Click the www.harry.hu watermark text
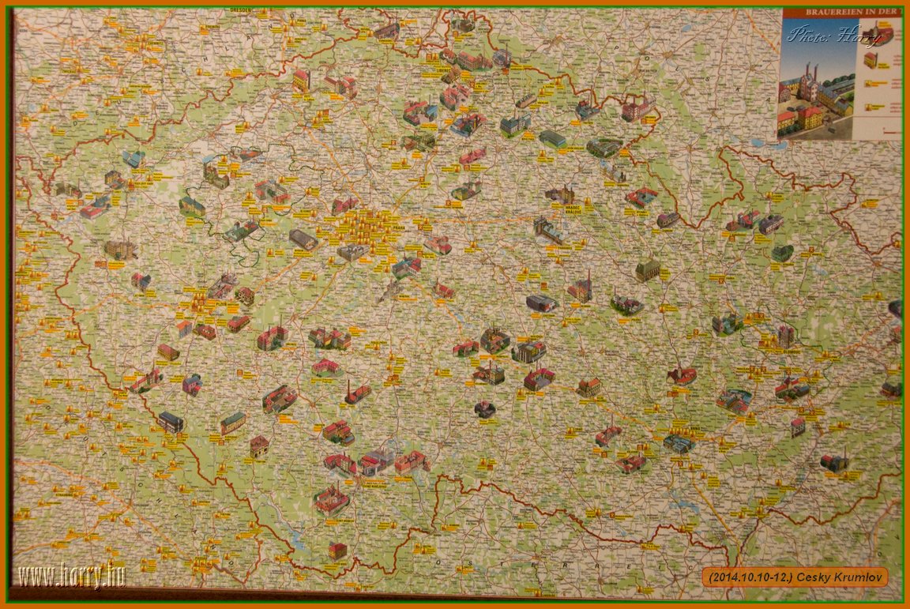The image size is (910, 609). (x=72, y=576)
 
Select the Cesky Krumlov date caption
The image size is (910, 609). (x=794, y=577)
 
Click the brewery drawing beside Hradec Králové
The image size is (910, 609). (x=560, y=194)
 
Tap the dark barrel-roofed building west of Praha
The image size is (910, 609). (x=303, y=239)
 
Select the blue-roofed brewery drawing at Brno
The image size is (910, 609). (x=678, y=442)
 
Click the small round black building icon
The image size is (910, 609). (x=485, y=409)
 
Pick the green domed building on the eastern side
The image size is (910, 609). (x=782, y=253)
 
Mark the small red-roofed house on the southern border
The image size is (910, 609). (x=337, y=550)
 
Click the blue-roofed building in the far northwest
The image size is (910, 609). (x=133, y=159)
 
